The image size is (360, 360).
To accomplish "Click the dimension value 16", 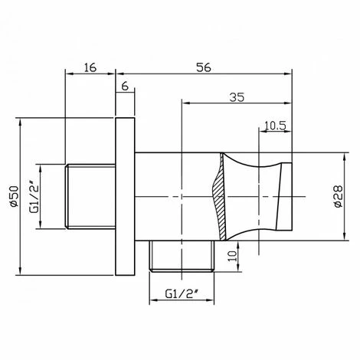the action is click(90, 67).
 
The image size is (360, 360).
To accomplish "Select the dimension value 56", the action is click(204, 67).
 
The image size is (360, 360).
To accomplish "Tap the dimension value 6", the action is click(125, 87).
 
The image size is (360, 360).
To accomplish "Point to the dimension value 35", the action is click(237, 97).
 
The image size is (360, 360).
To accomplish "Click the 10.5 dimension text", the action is click(275, 126).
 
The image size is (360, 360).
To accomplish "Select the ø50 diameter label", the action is click(14, 196).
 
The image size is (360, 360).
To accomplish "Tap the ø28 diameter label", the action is click(339, 196).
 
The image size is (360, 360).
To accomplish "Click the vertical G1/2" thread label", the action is click(34, 197).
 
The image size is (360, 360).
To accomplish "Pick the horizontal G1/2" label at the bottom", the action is click(182, 294).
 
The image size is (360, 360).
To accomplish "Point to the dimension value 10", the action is click(232, 256).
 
